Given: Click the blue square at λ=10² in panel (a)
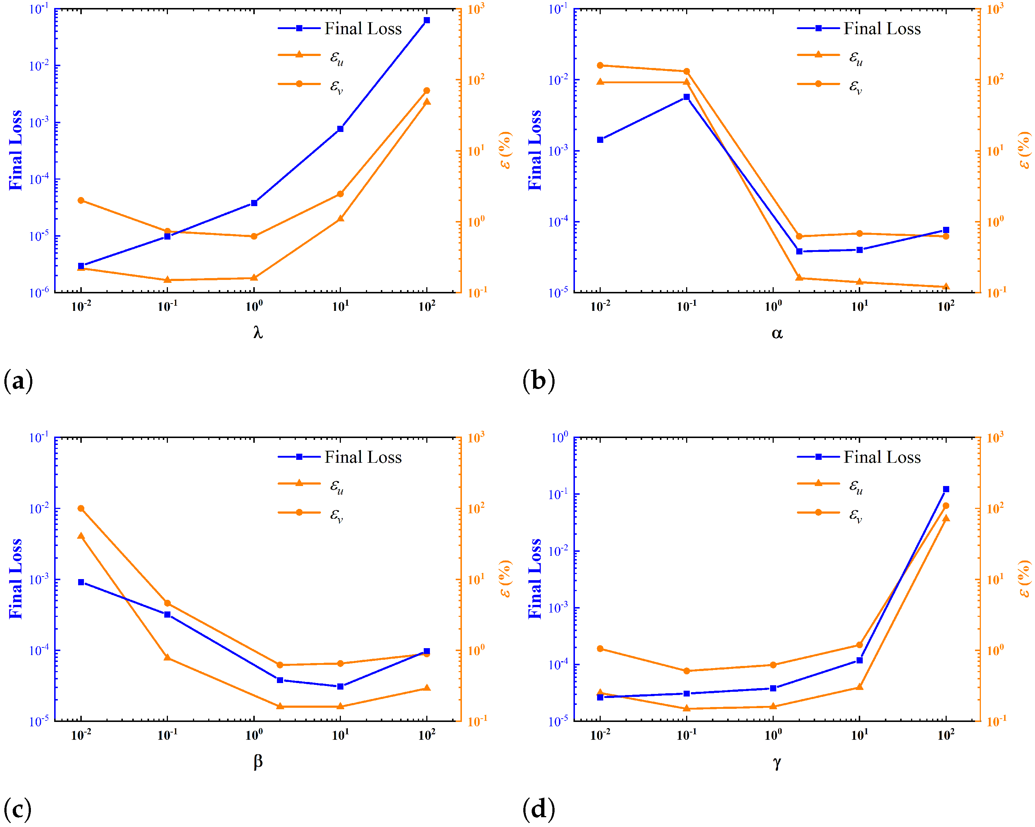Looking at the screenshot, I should point(427,20).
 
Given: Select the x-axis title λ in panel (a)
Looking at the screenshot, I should point(258,332).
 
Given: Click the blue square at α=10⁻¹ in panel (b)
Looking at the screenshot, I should point(686,97).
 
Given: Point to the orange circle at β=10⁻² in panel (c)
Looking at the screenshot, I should point(81,508).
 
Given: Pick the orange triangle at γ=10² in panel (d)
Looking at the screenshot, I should point(946,518).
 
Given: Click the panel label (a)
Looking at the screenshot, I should point(18,381).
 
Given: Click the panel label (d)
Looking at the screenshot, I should point(538,809).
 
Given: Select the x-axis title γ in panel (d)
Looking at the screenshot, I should point(777,762).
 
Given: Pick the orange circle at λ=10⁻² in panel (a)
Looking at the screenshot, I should point(81,200).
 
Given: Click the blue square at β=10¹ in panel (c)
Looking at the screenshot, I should point(341,686).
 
